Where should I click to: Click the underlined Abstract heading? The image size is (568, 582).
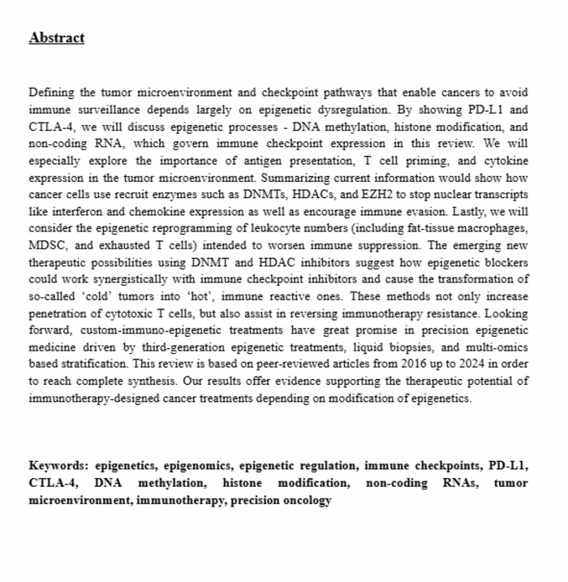(56, 38)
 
